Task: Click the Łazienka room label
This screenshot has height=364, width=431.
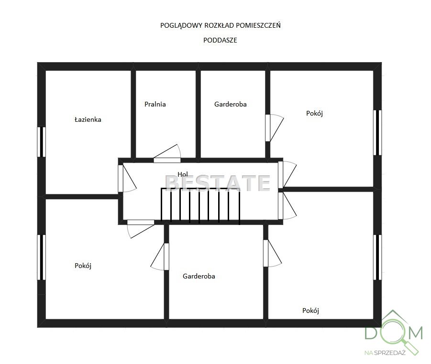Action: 88,119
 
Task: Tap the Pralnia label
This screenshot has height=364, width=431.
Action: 155,104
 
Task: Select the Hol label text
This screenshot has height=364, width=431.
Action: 183,174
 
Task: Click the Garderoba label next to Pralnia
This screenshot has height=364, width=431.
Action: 231,104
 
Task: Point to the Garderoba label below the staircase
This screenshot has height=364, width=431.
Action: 199,276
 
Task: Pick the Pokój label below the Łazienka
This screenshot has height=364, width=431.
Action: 83,266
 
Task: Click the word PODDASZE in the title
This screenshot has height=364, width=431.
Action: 220,40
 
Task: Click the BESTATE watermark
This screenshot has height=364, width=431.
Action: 218,183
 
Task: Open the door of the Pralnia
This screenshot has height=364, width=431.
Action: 167,154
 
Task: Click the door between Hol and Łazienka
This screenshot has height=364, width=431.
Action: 127,179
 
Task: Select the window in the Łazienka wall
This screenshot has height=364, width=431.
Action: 42,142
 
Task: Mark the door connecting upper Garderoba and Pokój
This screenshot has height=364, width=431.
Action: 274,128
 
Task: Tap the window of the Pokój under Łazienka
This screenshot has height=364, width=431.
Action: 42,257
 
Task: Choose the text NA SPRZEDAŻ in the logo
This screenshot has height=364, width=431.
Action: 385,353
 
